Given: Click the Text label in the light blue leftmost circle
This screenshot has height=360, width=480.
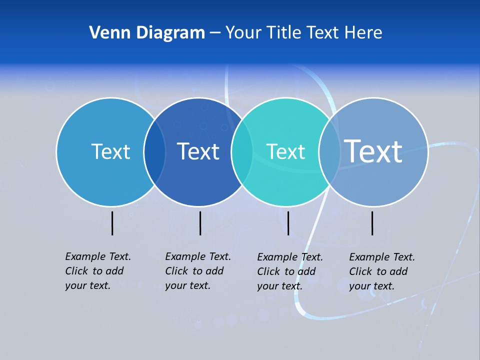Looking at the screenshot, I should tap(110, 151).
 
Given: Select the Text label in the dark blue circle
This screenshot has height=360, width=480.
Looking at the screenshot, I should tap(198, 151).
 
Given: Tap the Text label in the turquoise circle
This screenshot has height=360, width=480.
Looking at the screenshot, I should tap(285, 151).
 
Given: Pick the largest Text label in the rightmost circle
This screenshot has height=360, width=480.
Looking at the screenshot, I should tap(373, 151).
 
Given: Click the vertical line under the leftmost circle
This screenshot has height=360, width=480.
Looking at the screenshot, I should tap(112, 223).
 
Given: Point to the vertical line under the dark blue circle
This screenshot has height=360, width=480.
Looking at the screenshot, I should tap(200, 223).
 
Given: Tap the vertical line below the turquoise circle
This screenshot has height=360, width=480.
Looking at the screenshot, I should tap(288, 223).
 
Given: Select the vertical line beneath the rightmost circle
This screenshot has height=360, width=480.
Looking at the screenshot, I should tap(372, 223).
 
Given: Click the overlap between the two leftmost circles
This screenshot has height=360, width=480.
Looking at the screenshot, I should tap(154, 152).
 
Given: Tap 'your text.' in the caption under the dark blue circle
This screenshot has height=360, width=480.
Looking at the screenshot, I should tap(187, 285).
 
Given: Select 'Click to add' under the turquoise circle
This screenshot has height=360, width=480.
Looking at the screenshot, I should tap(286, 271).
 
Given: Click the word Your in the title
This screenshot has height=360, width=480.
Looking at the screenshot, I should tap(243, 32).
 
